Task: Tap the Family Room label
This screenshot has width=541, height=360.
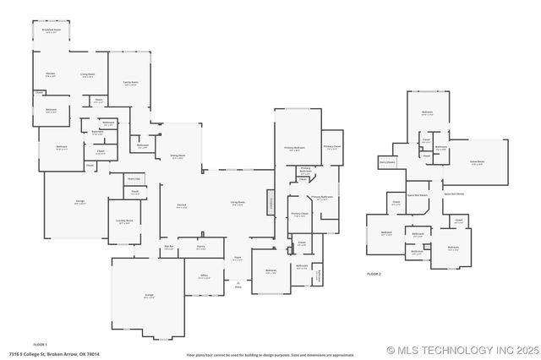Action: pos(130,83)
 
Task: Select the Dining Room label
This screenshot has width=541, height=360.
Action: pos(178,157)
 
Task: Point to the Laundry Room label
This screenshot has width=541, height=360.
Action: pos(124,221)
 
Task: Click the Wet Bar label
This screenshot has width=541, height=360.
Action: pos(168,248)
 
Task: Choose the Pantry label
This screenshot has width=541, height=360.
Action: pos(200,248)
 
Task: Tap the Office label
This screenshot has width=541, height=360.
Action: pos(204,276)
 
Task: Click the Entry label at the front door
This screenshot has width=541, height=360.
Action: pos(238,287)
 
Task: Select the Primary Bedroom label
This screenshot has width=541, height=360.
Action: pos(293,148)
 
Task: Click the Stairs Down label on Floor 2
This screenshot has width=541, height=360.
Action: pos(387,161)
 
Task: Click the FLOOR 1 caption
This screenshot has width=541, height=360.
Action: pos(40,345)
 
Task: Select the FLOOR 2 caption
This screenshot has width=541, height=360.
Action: pos(374,275)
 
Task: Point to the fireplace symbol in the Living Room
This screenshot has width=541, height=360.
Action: pos(271,202)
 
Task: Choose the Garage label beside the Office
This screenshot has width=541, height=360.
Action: pos(149,296)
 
